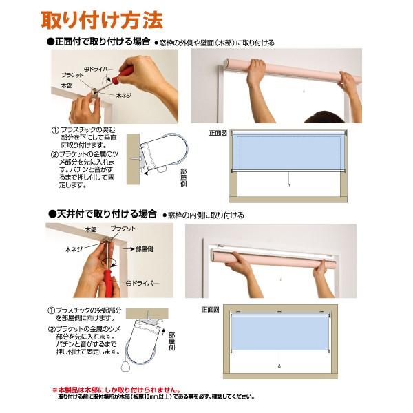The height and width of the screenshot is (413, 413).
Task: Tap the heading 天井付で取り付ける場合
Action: [x=102, y=214]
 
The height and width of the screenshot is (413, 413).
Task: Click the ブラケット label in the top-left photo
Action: [x=72, y=73]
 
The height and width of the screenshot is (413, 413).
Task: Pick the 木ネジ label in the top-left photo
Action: [x=125, y=96]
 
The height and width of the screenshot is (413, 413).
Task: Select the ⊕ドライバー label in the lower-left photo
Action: [x=143, y=283]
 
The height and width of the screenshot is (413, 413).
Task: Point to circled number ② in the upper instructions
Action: [x=54, y=153]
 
